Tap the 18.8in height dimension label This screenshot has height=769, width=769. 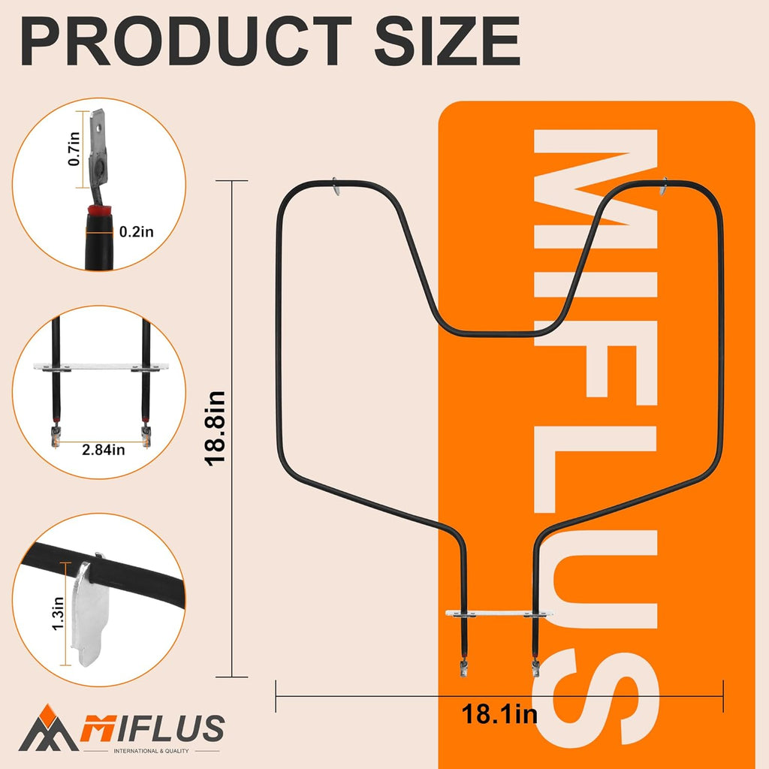tap(215, 428)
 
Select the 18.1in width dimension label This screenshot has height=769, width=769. tap(499, 714)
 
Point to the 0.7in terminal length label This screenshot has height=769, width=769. tap(74, 149)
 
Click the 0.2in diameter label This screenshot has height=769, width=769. tap(137, 231)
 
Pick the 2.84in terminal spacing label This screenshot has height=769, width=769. tap(104, 449)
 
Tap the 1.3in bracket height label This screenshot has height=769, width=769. tap(58, 614)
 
